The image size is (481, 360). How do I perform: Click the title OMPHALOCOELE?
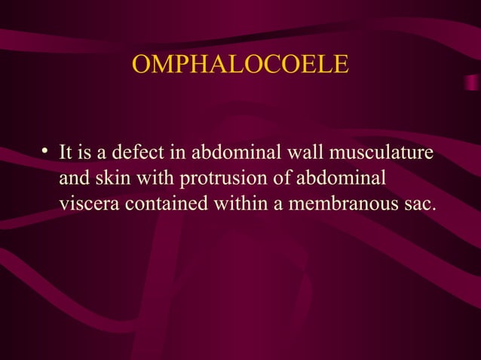point(240,65)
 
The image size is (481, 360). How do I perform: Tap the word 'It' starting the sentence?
point(65,154)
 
